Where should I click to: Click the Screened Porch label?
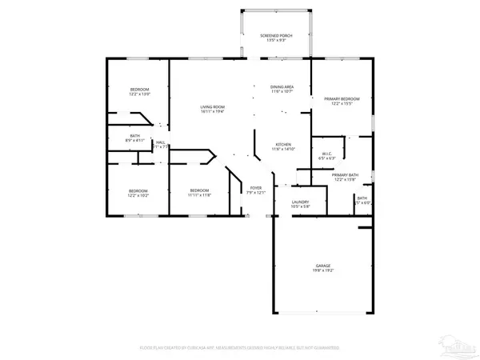[x=276, y=36]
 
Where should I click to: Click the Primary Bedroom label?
[x=342, y=98]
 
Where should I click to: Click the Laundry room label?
[x=300, y=202]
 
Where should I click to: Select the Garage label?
[x=323, y=266]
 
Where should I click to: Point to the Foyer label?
[x=255, y=187]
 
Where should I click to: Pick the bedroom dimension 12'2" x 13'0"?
[x=140, y=94]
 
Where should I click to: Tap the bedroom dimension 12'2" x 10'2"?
[x=138, y=195]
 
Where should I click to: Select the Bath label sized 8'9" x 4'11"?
[x=135, y=141]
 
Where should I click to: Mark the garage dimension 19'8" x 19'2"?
[x=323, y=270]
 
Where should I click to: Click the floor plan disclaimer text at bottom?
[x=239, y=348]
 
